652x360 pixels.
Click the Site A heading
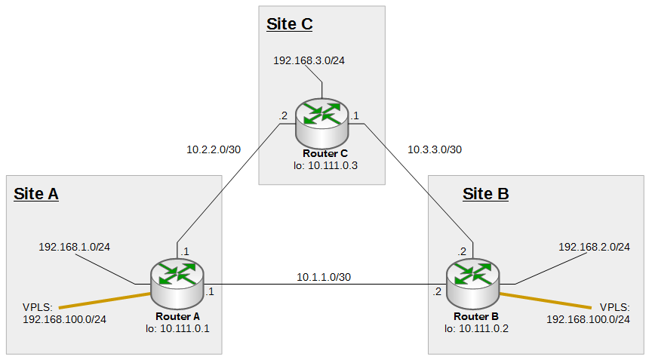36,194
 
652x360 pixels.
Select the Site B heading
485,194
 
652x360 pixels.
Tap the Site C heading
289,24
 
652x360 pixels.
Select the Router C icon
322,121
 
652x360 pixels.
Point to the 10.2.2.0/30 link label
214,149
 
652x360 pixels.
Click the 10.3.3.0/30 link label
434,149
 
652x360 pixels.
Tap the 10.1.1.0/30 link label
324,277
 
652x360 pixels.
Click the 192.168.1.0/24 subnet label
75,247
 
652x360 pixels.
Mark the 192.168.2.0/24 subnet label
594,247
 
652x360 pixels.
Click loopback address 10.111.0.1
177,328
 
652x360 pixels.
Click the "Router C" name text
323,154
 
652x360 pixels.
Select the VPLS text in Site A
38,307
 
